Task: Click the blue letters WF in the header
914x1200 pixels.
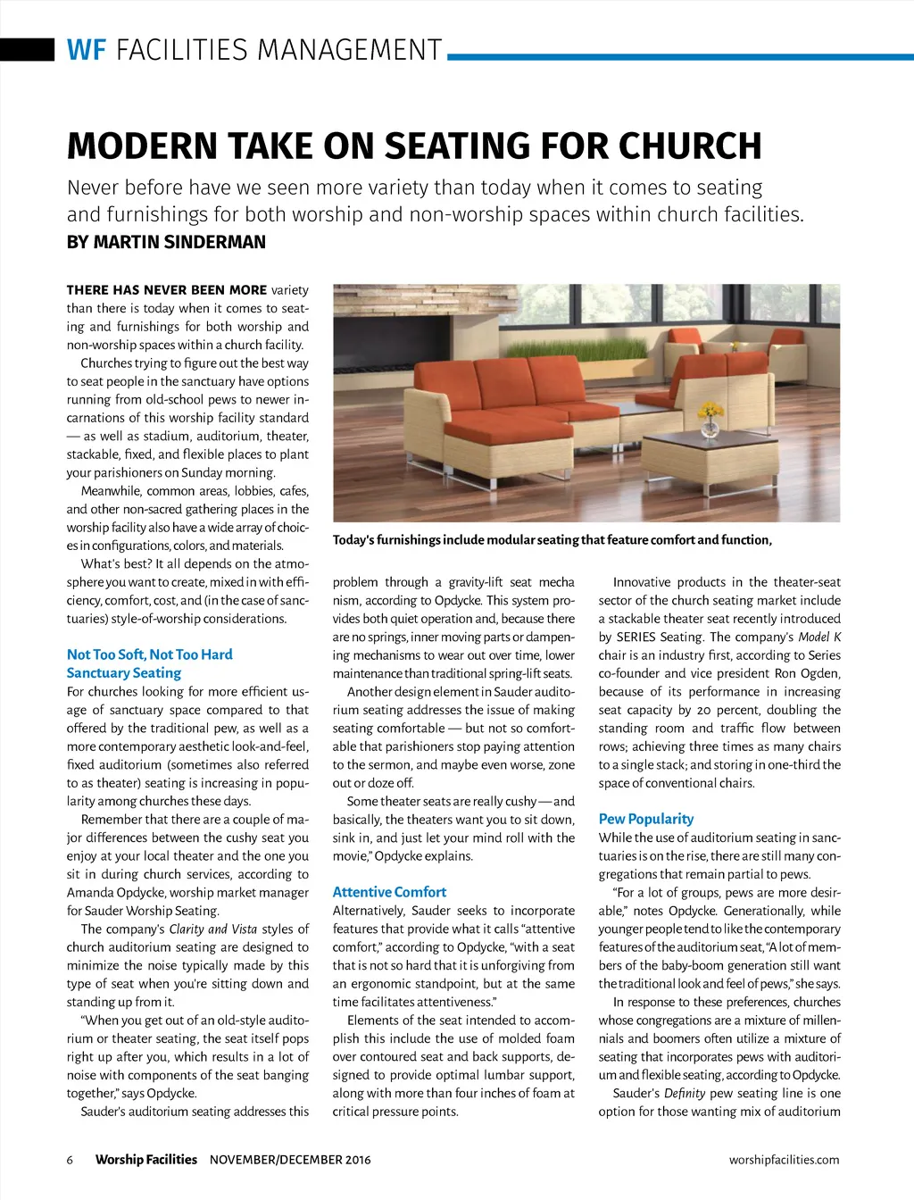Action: pos(86,49)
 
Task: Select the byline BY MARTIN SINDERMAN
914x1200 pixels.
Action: pos(166,242)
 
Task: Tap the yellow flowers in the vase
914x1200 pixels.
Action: pos(710,410)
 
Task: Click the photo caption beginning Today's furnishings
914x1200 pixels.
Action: pos(552,540)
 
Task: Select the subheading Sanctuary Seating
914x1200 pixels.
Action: pos(123,673)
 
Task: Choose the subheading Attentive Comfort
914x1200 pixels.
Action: pos(389,892)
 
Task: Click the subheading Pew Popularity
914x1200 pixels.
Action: pos(645,819)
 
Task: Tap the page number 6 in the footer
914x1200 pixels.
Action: pos(70,1160)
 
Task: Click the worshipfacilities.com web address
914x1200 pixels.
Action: pos(784,1160)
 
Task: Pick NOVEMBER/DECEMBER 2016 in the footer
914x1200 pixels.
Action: pos(290,1160)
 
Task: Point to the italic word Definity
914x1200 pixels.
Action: pos(685,1093)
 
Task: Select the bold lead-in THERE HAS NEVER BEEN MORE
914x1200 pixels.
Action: pos(166,290)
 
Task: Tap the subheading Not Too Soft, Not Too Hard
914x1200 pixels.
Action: pos(149,654)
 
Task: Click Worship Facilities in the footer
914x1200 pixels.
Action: pos(145,1160)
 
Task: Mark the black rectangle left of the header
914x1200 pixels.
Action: pos(27,49)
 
